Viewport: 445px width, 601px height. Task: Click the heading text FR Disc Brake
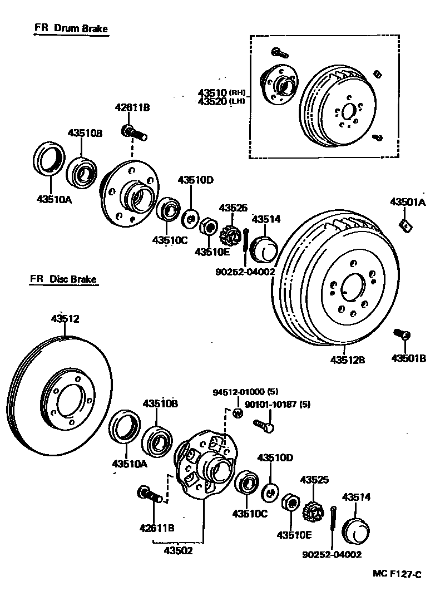click(64, 279)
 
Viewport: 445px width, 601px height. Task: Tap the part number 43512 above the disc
click(65, 319)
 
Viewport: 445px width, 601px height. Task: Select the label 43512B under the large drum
click(348, 359)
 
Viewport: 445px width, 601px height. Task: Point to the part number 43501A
click(407, 202)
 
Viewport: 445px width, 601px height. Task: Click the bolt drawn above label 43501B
click(402, 334)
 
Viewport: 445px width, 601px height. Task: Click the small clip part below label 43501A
click(405, 225)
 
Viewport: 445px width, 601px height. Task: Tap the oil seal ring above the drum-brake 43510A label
click(47, 159)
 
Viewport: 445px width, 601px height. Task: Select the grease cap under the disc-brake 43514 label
click(356, 530)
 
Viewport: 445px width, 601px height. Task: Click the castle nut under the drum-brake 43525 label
click(230, 237)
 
